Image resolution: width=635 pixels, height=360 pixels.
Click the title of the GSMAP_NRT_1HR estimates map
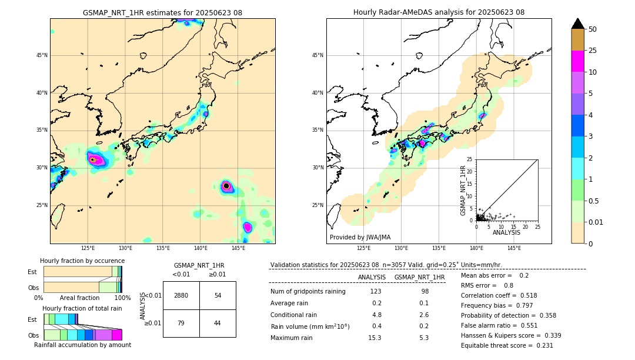click(162, 12)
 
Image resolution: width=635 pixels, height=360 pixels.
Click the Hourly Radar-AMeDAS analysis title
click(439, 12)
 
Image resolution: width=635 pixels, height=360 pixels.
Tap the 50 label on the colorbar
click(593, 29)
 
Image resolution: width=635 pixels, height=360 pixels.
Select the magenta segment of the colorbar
click(578, 61)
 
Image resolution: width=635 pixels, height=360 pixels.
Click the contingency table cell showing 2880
click(181, 295)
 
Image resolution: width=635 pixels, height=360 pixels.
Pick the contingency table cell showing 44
click(218, 323)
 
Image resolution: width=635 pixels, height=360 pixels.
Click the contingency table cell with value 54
click(218, 295)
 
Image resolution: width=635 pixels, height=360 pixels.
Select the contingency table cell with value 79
click(181, 323)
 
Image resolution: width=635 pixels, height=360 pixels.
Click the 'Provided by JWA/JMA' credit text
click(360, 237)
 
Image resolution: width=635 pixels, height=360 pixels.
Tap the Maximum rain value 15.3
click(375, 338)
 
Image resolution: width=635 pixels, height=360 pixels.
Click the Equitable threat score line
click(507, 345)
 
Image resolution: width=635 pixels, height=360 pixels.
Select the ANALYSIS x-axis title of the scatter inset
click(506, 232)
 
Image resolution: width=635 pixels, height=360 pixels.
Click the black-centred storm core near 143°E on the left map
click(226, 186)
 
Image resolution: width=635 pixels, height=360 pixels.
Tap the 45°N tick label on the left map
click(42, 55)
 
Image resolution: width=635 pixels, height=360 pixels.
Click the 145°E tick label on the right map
click(514, 248)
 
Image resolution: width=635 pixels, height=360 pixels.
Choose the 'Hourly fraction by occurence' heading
click(82, 261)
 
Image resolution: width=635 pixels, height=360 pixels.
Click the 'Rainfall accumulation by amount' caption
click(83, 345)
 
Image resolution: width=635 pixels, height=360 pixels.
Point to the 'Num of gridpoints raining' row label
click(308, 291)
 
